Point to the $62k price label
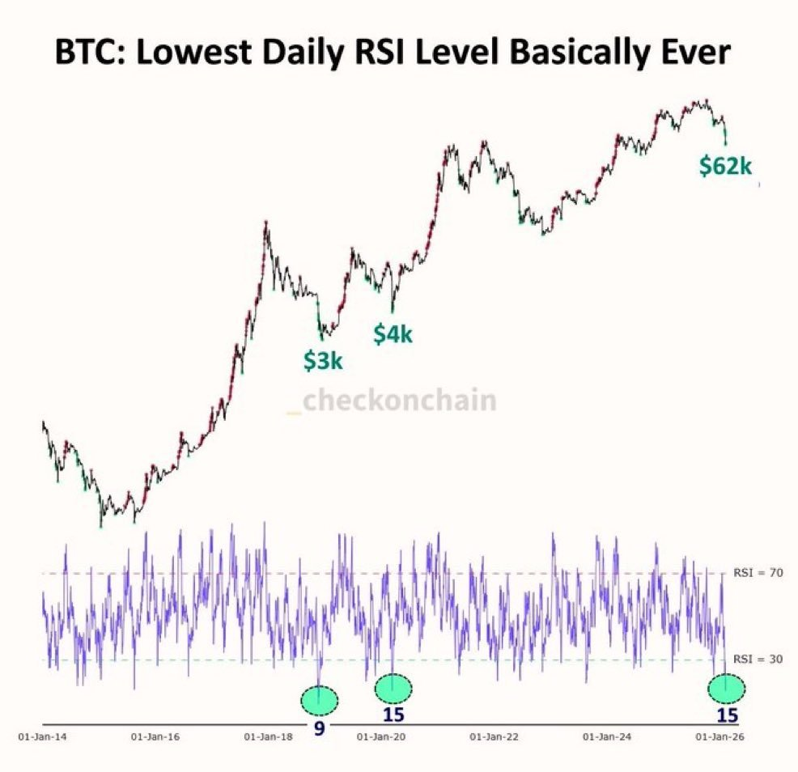pos(726,167)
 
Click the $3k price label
pos(323,361)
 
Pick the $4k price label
pos(393,333)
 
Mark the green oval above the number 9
pos(319,699)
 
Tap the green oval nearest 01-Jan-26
pos(726,688)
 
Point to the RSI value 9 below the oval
pos(319,729)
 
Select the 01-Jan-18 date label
pos(268,736)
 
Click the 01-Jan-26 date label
pos(719,736)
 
